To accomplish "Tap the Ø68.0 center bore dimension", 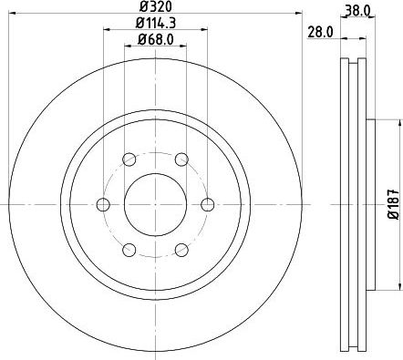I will click(x=155, y=38).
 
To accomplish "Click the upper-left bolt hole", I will click(x=129, y=159).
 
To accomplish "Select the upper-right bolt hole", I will click(x=181, y=159).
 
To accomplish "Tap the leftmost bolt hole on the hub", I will click(x=102, y=203).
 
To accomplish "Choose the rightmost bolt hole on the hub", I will click(x=208, y=203).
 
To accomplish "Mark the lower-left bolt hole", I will click(x=129, y=249).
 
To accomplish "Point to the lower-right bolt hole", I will click(x=181, y=249).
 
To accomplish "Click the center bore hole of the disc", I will click(x=155, y=203).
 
